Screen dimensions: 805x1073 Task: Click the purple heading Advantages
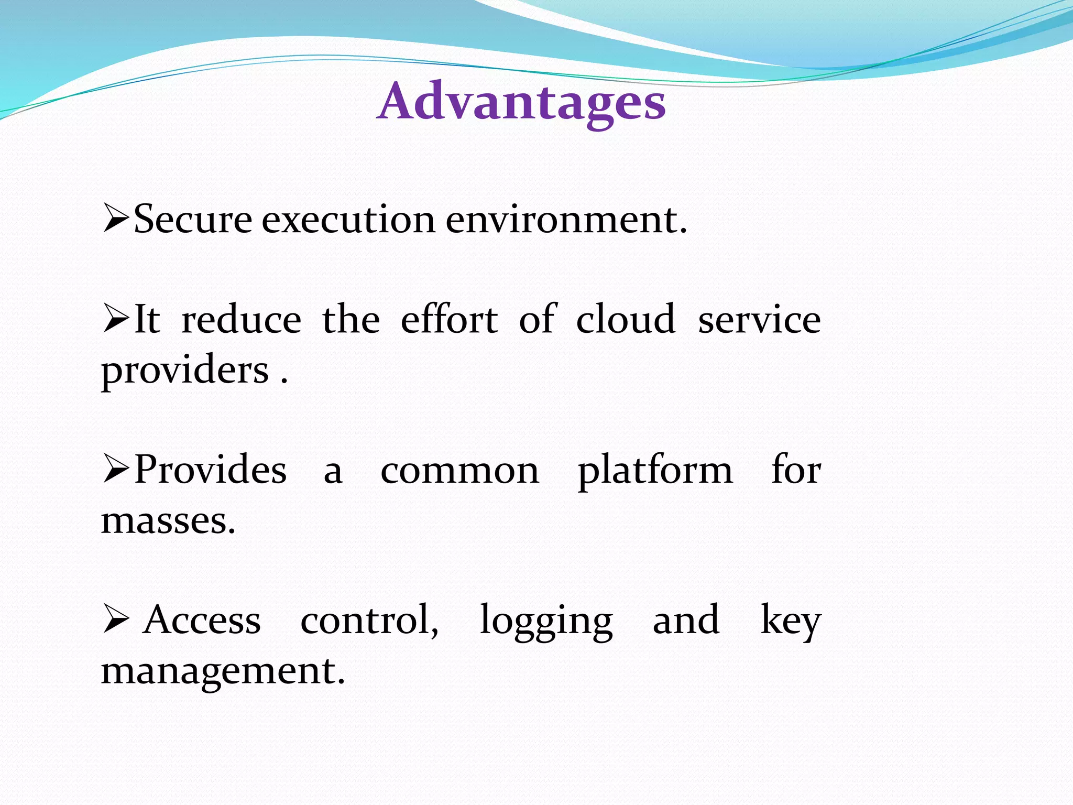(x=521, y=102)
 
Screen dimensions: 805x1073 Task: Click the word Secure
(x=193, y=219)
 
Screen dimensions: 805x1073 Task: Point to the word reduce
(x=241, y=320)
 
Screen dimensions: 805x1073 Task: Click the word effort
(x=449, y=320)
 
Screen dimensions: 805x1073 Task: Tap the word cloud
(x=626, y=320)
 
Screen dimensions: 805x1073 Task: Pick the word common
(x=459, y=471)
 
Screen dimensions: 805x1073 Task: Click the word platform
(x=655, y=471)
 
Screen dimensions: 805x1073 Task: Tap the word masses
(x=168, y=521)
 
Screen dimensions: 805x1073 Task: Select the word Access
(x=202, y=620)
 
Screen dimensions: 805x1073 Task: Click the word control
(x=369, y=620)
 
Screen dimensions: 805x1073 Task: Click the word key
(x=790, y=621)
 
